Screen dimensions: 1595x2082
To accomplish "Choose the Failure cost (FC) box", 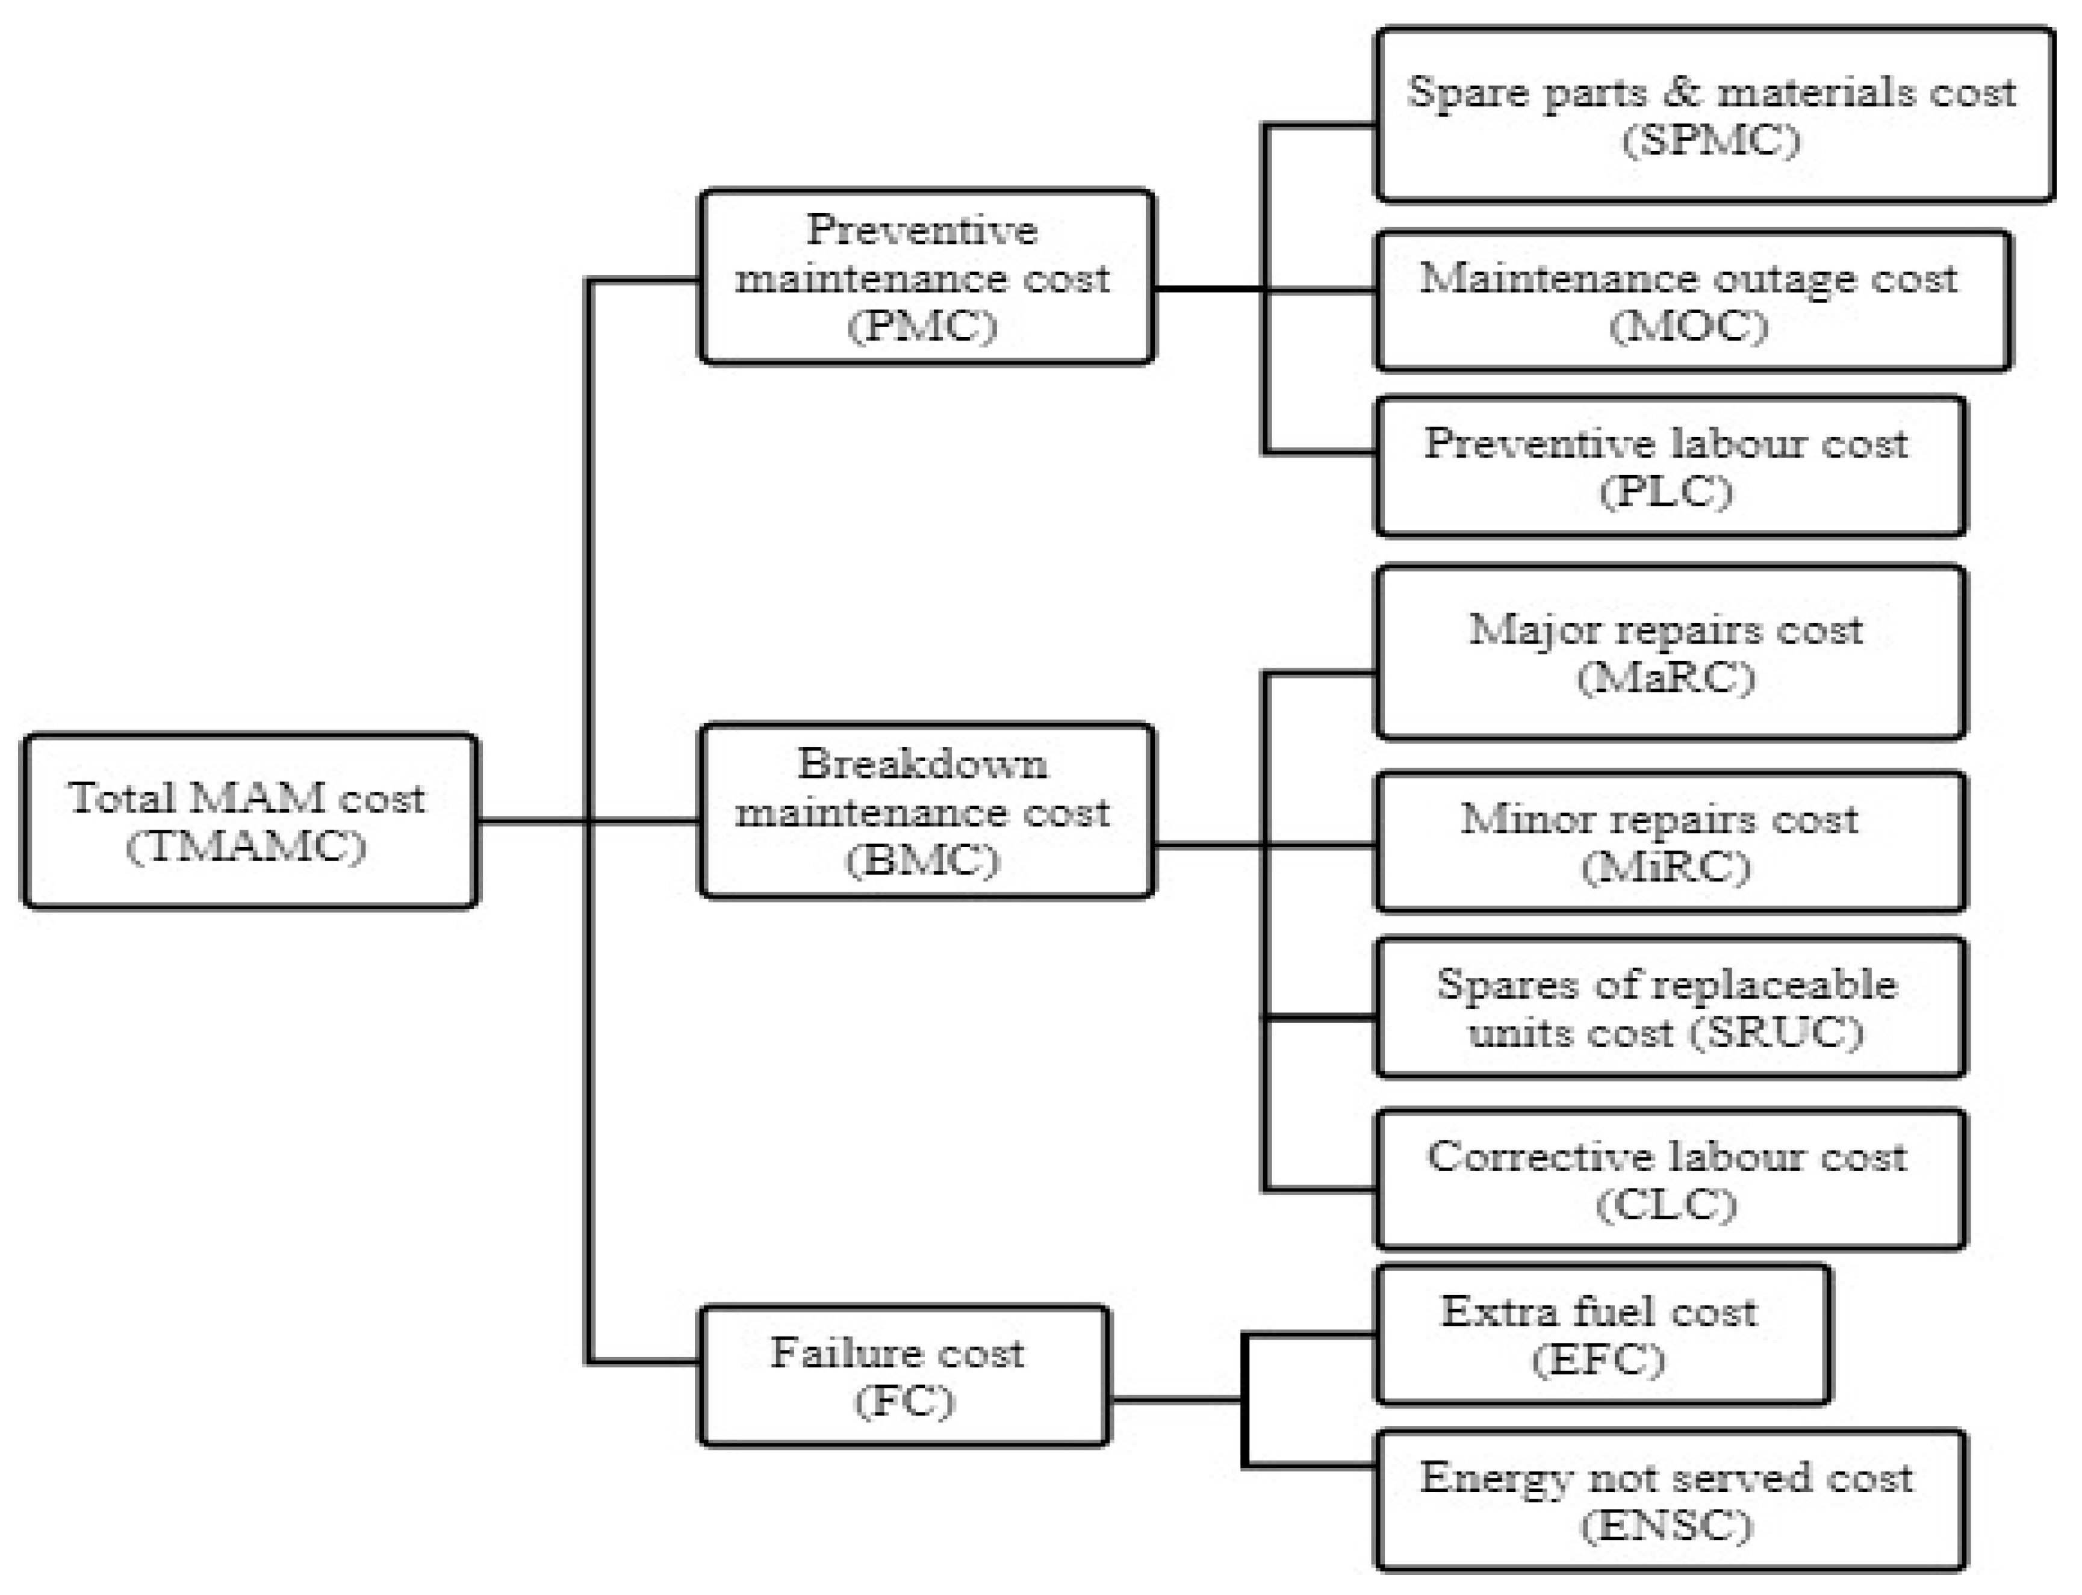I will tap(903, 1376).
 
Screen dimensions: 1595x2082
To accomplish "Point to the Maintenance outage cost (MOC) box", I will tap(1692, 301).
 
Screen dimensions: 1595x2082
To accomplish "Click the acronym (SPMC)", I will tap(1710, 140).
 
